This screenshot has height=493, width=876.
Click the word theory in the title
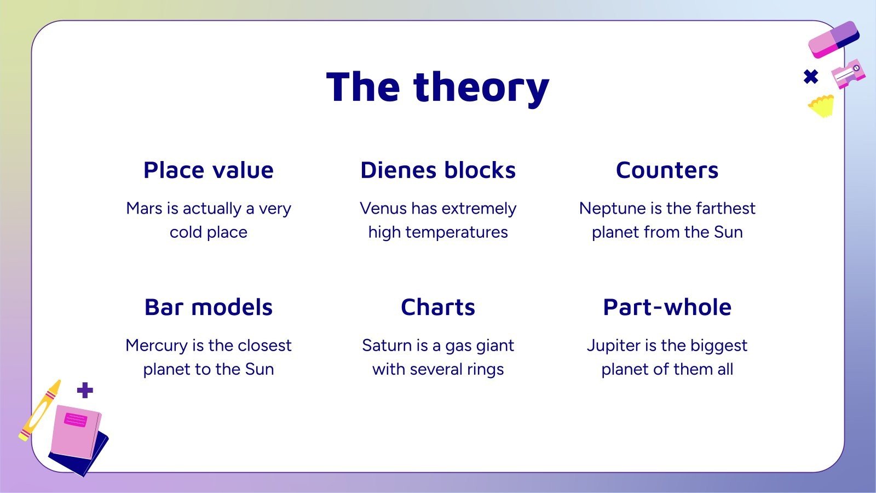tap(481, 88)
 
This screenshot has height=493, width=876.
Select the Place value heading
tap(209, 170)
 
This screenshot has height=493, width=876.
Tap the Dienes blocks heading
tap(438, 170)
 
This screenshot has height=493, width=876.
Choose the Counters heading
tap(667, 170)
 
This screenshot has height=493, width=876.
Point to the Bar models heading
tap(209, 307)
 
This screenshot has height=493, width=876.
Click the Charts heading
tap(438, 307)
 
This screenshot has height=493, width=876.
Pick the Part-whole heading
tap(667, 307)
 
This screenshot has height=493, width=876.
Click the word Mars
tap(145, 209)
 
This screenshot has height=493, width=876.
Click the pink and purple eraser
tap(833, 40)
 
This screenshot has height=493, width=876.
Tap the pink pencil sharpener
tap(848, 74)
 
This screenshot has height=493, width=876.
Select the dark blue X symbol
tap(811, 77)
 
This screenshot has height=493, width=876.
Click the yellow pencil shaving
tap(821, 106)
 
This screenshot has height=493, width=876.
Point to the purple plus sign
tap(85, 390)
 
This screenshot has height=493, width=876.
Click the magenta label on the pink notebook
tap(76, 420)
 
